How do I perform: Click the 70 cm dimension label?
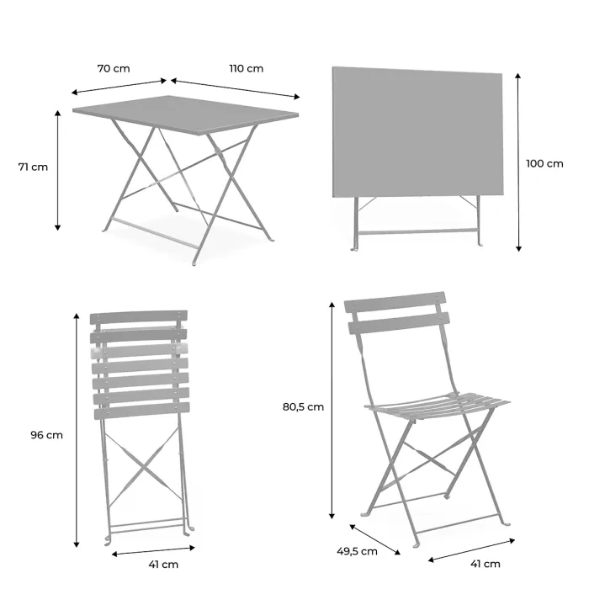(113, 68)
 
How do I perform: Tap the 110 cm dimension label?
(246, 68)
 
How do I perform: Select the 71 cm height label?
(33, 167)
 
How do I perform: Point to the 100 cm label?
(544, 163)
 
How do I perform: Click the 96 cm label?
(46, 435)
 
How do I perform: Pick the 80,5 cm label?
(303, 406)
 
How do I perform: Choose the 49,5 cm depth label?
(357, 551)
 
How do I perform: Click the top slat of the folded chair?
(139, 318)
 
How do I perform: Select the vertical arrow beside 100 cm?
(518, 162)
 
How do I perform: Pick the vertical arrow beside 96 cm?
(77, 429)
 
